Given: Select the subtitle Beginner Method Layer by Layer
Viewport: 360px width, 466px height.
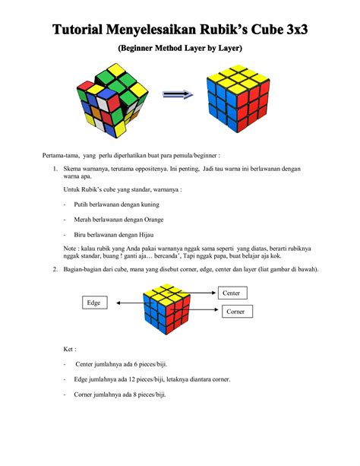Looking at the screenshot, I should pyautogui.click(x=180, y=49).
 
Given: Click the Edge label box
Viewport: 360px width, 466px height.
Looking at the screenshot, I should pyautogui.click(x=93, y=303).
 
